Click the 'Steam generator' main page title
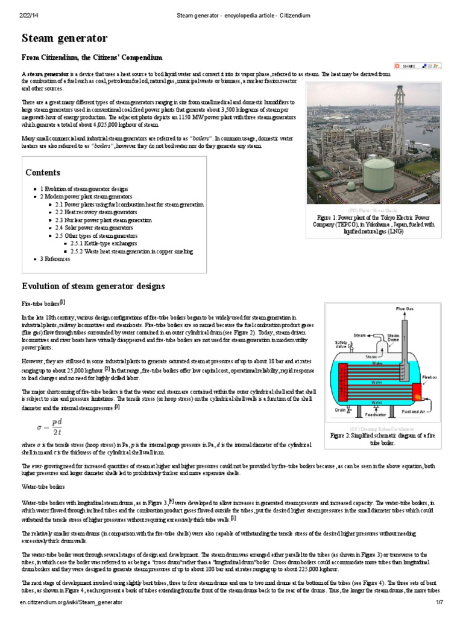pyautogui.click(x=65, y=39)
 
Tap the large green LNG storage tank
pyautogui.click(x=378, y=171)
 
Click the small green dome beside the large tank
pyautogui.click(x=350, y=185)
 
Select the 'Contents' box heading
pyautogui.click(x=43, y=173)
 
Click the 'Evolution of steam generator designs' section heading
pyautogui.click(x=93, y=285)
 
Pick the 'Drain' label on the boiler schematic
pyautogui.click(x=340, y=408)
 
